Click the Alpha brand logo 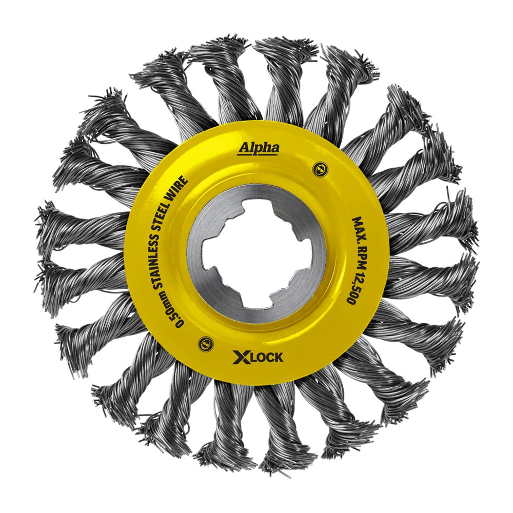(259, 148)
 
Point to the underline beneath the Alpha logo (259, 154)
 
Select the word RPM (356, 256)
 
